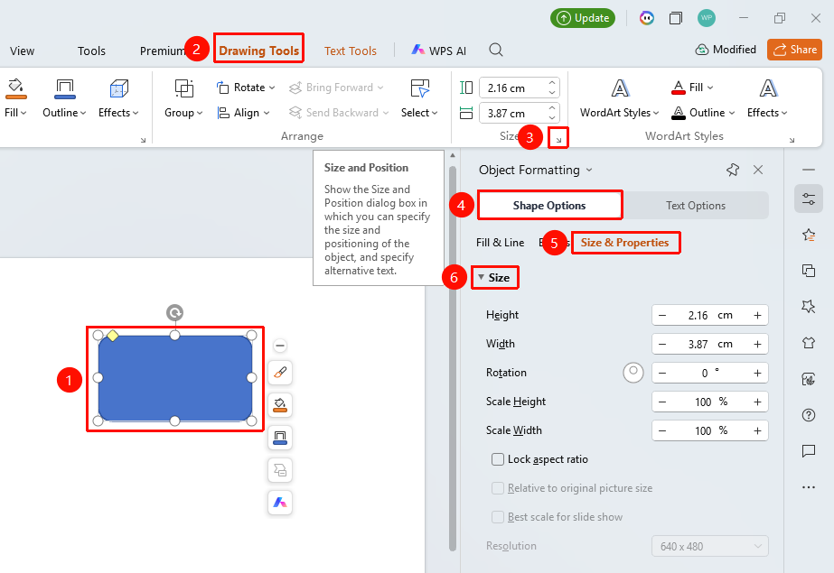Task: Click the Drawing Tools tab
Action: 259,51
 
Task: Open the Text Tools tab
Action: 351,51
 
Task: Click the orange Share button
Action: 794,50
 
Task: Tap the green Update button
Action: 583,18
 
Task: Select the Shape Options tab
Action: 549,206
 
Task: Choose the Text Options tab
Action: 696,206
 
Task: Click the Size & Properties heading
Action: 624,243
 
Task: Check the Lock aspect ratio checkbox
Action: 498,459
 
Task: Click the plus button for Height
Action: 757,316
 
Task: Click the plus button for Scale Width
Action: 757,430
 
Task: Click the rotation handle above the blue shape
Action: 174,312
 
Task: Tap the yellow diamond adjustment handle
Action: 113,335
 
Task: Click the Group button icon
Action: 184,88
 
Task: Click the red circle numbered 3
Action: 529,138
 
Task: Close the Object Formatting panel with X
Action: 758,170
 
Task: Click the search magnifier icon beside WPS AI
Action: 496,50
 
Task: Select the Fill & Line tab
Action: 500,243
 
